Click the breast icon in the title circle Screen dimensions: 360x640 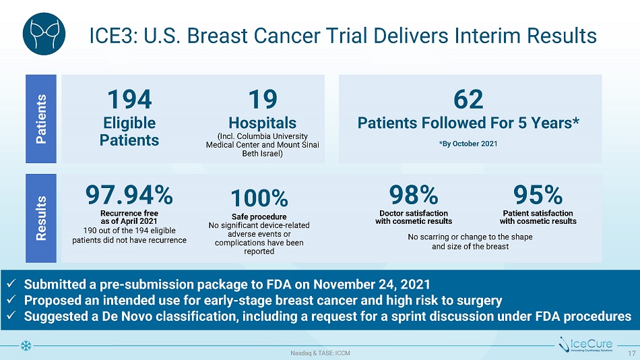click(44, 34)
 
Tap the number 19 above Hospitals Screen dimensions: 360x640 click(262, 99)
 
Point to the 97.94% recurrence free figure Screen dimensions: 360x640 click(129, 196)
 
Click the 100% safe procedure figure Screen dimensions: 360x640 click(259, 199)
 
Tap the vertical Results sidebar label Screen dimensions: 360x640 click(42, 218)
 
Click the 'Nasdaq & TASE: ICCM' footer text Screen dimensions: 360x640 click(320, 353)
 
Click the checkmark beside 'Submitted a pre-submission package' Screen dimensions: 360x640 click(11, 283)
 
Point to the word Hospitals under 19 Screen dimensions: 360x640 click(262, 123)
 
